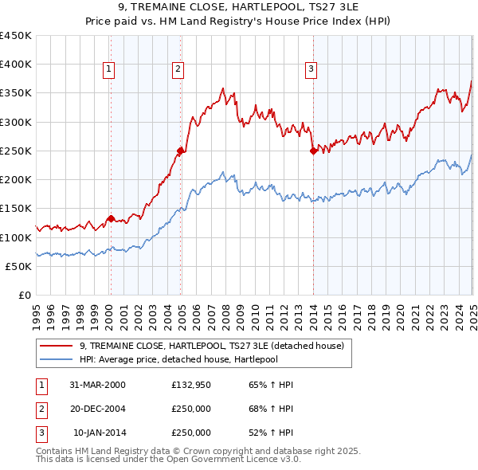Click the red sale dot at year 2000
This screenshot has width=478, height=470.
[111, 217]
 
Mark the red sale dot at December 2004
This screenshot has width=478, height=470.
[181, 151]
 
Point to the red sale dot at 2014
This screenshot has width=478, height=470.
[313, 151]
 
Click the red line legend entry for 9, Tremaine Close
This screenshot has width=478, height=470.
[211, 346]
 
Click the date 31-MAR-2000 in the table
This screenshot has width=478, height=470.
[97, 384]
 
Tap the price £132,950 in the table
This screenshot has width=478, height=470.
[190, 384]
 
